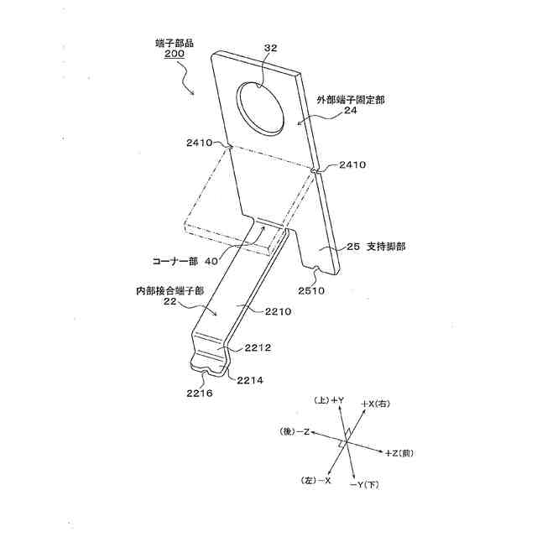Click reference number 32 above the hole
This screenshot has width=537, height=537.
pos(270,49)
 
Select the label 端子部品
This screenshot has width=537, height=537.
pos(175,42)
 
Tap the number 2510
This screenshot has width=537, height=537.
pos(315,290)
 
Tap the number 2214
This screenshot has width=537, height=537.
pos(250,380)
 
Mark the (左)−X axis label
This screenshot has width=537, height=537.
pos(315,480)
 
